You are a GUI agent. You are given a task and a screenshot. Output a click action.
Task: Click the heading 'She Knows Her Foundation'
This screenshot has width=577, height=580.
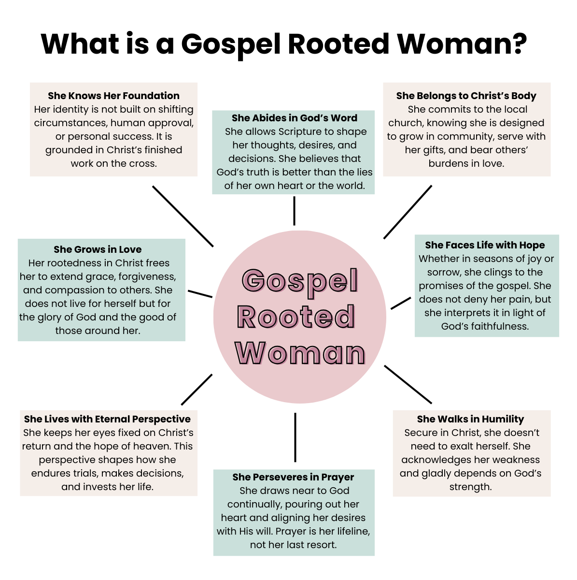pyautogui.click(x=113, y=96)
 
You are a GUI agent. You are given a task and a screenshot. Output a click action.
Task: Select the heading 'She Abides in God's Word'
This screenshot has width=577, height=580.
pyautogui.click(x=294, y=118)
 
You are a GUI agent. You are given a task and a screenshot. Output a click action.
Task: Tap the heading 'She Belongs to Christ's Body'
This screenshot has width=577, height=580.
pyautogui.click(x=466, y=96)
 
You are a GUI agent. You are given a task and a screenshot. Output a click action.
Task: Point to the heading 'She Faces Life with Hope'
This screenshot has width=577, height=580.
pyautogui.click(x=485, y=245)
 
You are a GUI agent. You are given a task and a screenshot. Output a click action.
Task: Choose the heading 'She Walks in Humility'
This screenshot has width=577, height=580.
pyautogui.click(x=470, y=419)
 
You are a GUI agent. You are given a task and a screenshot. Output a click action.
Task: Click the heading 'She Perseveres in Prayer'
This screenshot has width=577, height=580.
pyautogui.click(x=293, y=477)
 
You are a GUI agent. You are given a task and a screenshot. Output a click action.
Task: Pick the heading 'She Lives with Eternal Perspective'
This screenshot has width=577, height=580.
pyautogui.click(x=107, y=419)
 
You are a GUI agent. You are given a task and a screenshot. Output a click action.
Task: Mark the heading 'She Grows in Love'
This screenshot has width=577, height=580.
pyautogui.click(x=98, y=249)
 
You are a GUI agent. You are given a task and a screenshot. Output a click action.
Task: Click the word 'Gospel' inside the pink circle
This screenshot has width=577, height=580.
pyautogui.click(x=300, y=281)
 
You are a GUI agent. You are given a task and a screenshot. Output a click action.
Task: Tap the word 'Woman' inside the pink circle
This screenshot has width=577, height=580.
pyautogui.click(x=300, y=353)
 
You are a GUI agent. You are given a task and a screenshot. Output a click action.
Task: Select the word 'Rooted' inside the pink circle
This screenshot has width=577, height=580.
pyautogui.click(x=296, y=318)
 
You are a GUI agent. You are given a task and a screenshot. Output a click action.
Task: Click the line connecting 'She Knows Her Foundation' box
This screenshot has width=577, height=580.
pyautogui.click(x=183, y=216)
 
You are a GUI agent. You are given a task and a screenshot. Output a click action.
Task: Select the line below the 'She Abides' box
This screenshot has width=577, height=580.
pyautogui.click(x=294, y=211)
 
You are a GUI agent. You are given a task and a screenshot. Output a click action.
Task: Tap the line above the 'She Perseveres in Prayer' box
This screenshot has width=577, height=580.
pyautogui.click(x=295, y=437)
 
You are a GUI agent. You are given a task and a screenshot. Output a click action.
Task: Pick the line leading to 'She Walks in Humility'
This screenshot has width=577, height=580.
pyautogui.click(x=408, y=384)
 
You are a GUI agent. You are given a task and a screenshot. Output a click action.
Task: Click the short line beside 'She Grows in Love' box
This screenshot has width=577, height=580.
pyautogui.click(x=200, y=294)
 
